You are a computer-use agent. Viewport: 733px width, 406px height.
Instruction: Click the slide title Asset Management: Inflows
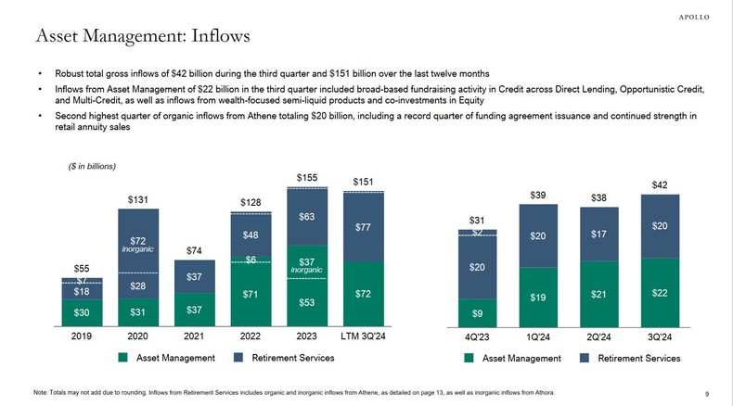click(141, 36)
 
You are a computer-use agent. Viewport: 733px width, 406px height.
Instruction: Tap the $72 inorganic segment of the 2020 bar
click(138, 242)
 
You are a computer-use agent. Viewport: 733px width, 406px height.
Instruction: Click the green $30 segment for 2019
click(82, 311)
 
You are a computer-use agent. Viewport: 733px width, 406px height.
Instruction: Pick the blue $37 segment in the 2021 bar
click(195, 277)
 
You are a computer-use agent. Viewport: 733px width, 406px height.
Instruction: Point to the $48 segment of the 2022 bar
click(251, 235)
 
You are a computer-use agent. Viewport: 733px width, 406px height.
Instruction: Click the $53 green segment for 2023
click(308, 302)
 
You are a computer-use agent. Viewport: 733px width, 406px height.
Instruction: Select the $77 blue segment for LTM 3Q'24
click(365, 226)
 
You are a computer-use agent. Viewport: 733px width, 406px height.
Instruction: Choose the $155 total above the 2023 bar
click(308, 177)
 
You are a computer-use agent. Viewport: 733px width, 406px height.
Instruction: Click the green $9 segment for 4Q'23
click(478, 313)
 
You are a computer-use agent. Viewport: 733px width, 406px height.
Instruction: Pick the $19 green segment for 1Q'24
click(538, 298)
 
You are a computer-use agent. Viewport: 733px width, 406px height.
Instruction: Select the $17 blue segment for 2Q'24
click(598, 235)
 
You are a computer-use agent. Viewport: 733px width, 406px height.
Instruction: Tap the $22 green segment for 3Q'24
click(659, 292)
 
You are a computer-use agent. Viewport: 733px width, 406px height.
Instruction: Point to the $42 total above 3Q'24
click(659, 185)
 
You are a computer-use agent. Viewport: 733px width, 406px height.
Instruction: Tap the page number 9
click(707, 392)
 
